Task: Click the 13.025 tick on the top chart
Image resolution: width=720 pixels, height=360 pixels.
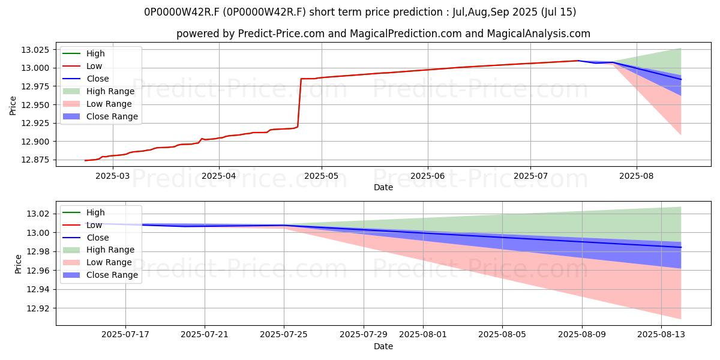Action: click(x=35, y=50)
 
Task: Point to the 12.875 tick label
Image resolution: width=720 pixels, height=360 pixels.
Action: click(x=35, y=160)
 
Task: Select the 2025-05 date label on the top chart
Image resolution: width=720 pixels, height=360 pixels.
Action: click(x=322, y=176)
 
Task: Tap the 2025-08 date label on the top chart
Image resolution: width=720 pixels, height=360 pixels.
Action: click(x=637, y=176)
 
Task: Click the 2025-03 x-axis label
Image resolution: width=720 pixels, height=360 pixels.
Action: click(x=113, y=176)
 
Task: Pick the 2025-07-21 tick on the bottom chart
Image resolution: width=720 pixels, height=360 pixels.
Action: click(x=205, y=335)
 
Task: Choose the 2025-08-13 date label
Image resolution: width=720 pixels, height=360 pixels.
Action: click(x=661, y=335)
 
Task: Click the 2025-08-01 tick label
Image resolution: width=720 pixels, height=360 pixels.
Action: click(x=423, y=335)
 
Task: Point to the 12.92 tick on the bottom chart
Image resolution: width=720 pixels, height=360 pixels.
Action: click(x=38, y=308)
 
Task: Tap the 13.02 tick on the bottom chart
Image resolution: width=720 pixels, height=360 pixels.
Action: click(x=38, y=214)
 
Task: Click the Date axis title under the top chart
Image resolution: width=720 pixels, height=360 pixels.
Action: click(x=383, y=187)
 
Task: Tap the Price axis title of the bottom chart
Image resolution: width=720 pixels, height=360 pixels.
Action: click(x=18, y=264)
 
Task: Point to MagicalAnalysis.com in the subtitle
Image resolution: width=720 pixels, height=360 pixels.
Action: click(x=538, y=34)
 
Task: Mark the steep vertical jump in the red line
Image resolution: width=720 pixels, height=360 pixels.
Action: click(x=299, y=103)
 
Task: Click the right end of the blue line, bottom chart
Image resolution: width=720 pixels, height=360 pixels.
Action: click(x=681, y=247)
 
